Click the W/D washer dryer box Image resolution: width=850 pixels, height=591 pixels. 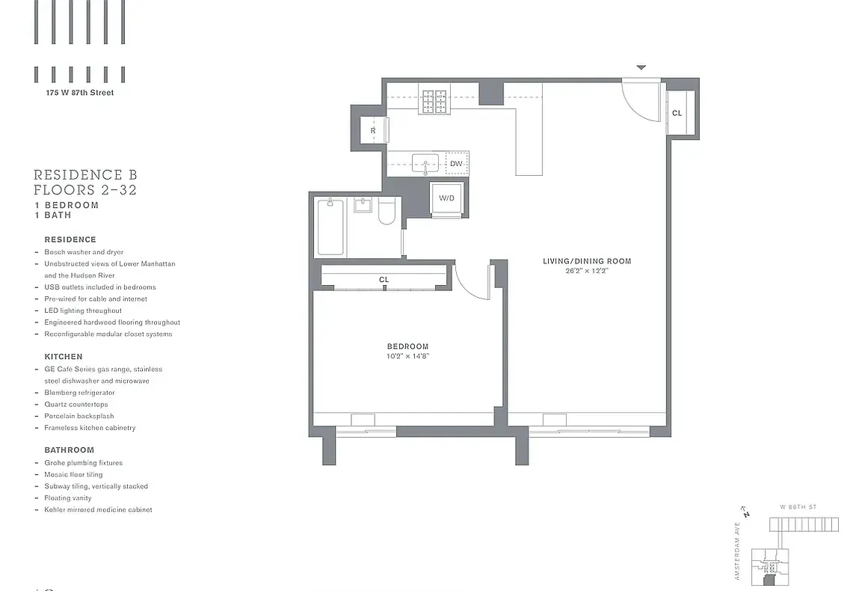[447, 199]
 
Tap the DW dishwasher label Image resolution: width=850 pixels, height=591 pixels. [456, 164]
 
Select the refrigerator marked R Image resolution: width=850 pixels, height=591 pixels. [373, 131]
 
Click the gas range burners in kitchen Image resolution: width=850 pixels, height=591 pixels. [434, 101]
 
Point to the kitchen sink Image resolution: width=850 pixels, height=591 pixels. [425, 163]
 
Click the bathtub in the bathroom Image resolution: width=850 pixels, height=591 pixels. [330, 227]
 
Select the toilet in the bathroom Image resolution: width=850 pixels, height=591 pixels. [386, 212]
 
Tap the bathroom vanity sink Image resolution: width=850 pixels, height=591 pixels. [363, 204]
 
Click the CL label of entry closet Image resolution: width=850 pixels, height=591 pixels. [677, 114]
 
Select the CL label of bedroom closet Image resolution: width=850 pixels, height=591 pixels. [384, 280]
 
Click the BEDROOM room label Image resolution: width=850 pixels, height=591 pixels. [407, 346]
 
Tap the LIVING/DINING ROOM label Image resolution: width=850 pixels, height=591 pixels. [587, 261]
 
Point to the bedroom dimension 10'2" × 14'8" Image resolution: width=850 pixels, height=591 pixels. [407, 356]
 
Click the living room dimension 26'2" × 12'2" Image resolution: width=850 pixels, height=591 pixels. [587, 271]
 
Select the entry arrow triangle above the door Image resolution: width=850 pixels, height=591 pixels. [641, 68]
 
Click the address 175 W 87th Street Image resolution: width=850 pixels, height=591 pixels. [78, 93]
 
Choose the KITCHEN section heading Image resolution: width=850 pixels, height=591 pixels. [64, 357]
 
